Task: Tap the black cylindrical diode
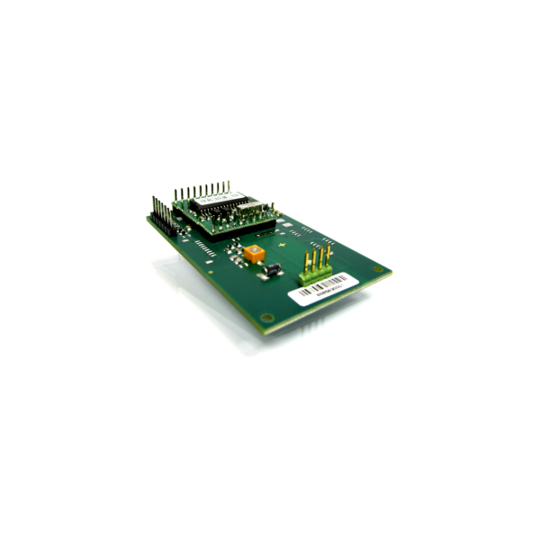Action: coord(273,269)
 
